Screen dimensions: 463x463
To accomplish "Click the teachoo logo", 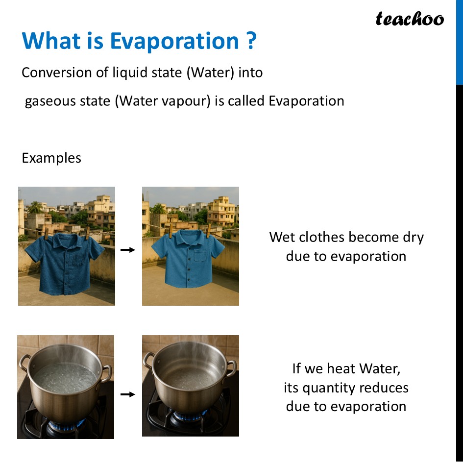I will point(410,19).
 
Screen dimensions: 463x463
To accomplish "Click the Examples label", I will point(51,158).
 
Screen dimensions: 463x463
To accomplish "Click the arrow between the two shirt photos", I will point(128,250).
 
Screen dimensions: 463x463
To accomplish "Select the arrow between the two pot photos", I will point(128,394).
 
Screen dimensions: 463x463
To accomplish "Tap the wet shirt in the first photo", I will point(66,262).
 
